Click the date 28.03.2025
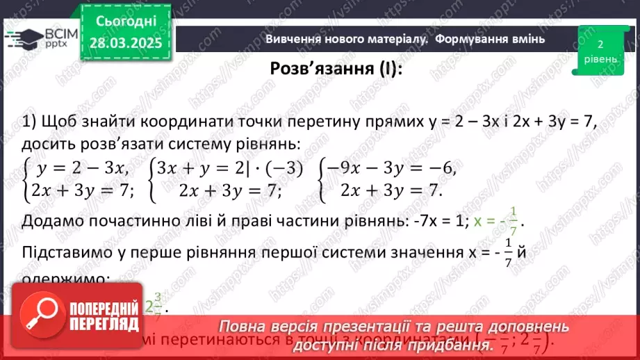(x=125, y=42)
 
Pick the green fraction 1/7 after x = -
(x=514, y=221)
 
